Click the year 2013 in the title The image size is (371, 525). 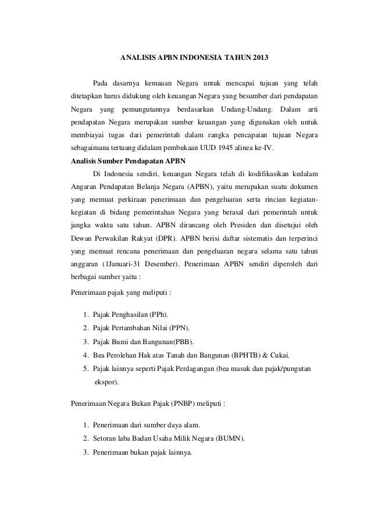(259, 59)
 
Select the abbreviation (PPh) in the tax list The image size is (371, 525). (150, 315)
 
